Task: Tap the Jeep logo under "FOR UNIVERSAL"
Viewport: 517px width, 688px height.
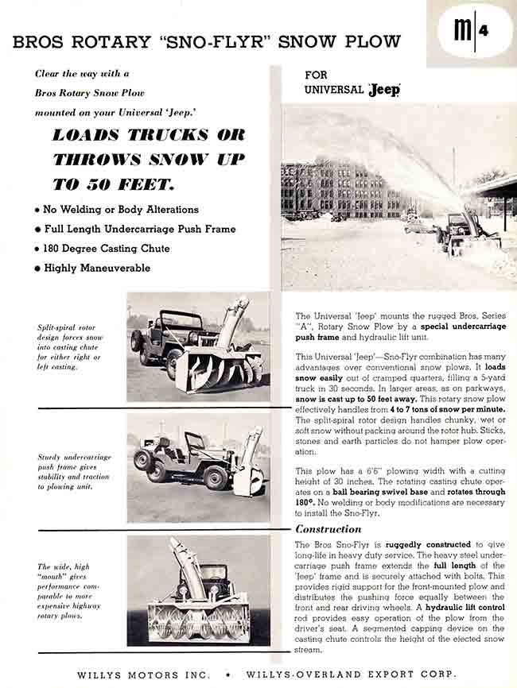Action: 384,90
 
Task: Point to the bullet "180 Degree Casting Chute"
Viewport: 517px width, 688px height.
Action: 101,249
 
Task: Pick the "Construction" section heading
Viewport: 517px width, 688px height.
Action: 328,529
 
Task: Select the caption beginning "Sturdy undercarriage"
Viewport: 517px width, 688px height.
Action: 74,472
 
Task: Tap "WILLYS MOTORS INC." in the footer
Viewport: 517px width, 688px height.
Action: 143,674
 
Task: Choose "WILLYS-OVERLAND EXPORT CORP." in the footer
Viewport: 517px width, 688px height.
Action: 352,674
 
